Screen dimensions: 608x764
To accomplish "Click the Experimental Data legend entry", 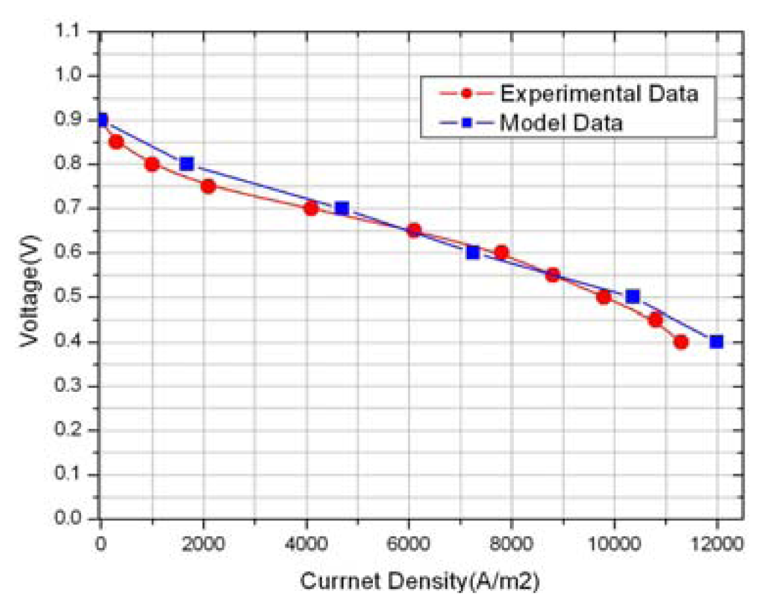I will [x=598, y=94].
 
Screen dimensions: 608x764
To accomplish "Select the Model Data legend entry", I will [x=560, y=123].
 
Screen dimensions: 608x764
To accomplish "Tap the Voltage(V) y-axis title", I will [x=30, y=291].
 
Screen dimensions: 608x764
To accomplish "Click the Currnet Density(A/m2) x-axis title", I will [x=419, y=582].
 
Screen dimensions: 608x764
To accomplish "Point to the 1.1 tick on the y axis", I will [x=68, y=31].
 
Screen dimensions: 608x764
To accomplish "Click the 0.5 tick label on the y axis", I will [x=68, y=297].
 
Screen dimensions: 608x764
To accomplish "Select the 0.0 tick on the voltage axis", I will [x=68, y=519].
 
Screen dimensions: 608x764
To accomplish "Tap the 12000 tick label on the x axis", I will [x=716, y=544].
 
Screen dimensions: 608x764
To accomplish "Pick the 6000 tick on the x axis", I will [x=408, y=544].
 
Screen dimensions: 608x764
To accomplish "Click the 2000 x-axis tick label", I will [x=203, y=544].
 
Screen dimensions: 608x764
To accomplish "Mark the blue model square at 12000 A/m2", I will [x=716, y=342].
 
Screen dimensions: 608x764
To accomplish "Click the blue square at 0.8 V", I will [x=187, y=164].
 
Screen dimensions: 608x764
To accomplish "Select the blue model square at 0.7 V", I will [x=342, y=208].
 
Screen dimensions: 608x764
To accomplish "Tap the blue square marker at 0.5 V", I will [x=632, y=296].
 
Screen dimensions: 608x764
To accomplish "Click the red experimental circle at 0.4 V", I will [x=681, y=342].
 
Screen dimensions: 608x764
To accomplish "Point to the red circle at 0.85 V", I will [x=116, y=142].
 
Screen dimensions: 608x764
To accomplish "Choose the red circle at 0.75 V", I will [x=208, y=186].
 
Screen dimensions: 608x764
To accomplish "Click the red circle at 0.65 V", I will [x=414, y=230].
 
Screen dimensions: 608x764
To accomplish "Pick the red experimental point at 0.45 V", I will [x=655, y=320].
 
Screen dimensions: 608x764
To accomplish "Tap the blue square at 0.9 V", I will [x=102, y=120].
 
